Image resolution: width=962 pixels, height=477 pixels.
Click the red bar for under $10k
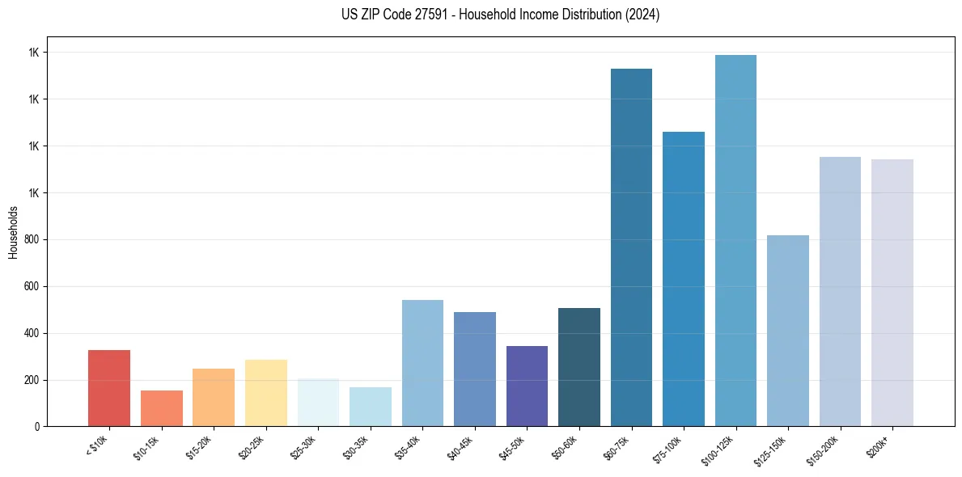coord(109,388)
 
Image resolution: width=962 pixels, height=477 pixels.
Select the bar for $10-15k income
coord(161,408)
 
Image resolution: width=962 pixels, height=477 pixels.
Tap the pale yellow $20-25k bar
coord(265,393)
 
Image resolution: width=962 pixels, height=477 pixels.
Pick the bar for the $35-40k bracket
coord(422,363)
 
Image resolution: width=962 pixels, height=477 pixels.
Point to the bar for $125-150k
coord(788,331)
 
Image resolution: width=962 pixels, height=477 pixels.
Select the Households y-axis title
coord(13,232)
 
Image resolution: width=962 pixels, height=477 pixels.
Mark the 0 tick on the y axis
coord(39,426)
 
